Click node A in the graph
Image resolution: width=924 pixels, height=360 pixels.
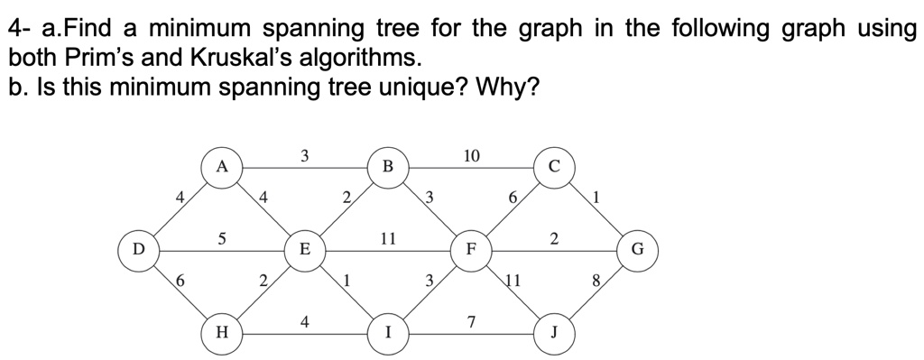tap(221, 166)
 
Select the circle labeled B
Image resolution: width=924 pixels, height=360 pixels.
tap(387, 166)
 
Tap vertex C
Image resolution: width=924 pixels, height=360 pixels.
tap(553, 166)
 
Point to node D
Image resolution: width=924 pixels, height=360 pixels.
tap(138, 248)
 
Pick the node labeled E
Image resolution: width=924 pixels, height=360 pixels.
tap(304, 248)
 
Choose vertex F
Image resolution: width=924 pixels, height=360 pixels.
tap(470, 248)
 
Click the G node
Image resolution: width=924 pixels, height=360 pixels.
tap(637, 248)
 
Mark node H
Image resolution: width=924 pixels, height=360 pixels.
tap(221, 331)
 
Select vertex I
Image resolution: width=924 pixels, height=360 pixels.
tap(387, 331)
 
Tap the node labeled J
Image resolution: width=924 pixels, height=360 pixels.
tap(553, 331)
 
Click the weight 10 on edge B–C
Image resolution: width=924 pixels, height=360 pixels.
tap(471, 155)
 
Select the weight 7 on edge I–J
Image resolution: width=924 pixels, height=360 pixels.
tap(471, 321)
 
